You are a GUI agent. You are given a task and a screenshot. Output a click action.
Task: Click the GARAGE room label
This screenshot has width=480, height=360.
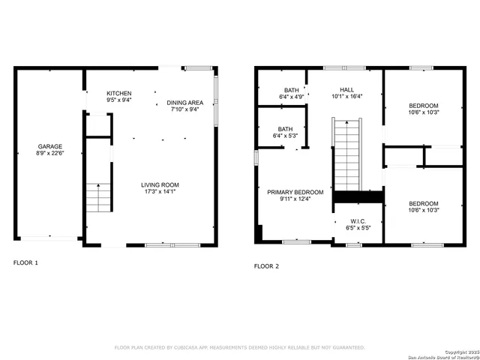[50, 146]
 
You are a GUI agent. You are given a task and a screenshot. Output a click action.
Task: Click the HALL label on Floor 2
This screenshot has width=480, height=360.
[346, 89]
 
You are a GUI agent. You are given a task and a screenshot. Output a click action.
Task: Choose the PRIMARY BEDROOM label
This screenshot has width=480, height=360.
[295, 192]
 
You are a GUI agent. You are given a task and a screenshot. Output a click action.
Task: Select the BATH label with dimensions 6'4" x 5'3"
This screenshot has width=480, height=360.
[285, 128]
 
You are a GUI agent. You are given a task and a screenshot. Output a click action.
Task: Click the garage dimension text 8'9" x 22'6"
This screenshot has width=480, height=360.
[50, 154]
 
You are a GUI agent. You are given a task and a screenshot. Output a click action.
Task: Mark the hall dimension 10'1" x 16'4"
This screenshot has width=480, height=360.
[346, 96]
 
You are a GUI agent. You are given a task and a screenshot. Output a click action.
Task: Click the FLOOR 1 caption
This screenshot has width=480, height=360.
[25, 262]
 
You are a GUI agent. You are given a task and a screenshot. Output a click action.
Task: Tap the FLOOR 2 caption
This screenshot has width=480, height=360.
[266, 265]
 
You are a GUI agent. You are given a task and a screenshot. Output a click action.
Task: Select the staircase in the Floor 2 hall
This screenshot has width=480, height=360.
[347, 154]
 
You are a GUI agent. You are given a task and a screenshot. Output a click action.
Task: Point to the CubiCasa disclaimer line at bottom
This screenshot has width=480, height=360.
[239, 348]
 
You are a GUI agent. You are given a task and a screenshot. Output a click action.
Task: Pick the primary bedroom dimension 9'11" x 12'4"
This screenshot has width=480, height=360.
[295, 199]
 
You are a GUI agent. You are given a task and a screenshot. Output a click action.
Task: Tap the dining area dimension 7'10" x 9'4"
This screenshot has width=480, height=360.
[184, 109]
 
